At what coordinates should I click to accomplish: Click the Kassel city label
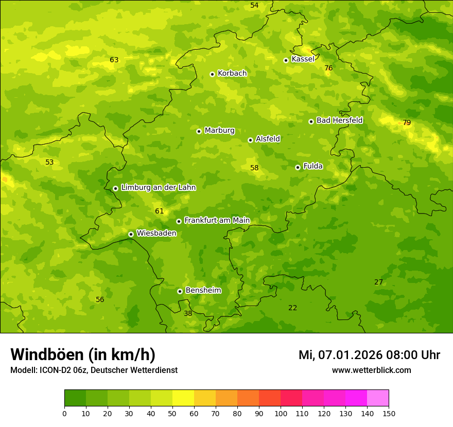(x=303, y=59)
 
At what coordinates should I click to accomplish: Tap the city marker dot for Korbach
(x=212, y=74)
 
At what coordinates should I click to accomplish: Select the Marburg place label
(x=219, y=131)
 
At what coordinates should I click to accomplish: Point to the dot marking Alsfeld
(x=250, y=140)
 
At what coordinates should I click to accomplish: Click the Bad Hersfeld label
(x=339, y=120)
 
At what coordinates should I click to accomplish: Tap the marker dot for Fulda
(x=298, y=167)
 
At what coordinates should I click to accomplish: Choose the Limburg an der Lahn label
(x=158, y=188)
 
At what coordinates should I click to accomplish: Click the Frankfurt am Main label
(x=217, y=221)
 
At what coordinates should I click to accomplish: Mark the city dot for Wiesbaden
(x=131, y=234)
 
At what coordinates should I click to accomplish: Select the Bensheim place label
(x=203, y=291)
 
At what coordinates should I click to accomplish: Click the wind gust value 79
(x=407, y=122)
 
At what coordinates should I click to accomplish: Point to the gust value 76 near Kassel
(x=328, y=68)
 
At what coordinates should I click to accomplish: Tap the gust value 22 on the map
(x=292, y=308)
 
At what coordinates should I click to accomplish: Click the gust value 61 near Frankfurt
(x=159, y=211)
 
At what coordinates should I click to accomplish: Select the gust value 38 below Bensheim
(x=188, y=313)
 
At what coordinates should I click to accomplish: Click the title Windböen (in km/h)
(x=83, y=354)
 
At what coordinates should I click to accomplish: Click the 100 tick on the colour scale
(x=281, y=413)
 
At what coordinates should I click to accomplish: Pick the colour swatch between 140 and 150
(x=378, y=398)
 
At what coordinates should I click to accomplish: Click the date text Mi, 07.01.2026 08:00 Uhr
(x=369, y=355)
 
